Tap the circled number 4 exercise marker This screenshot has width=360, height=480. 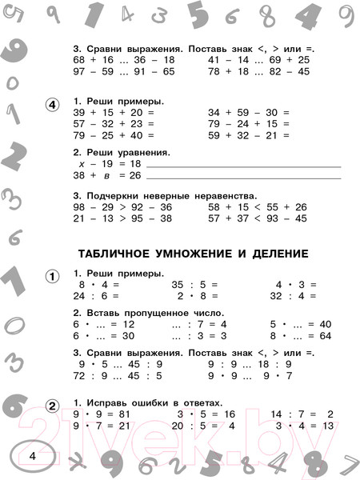(x=52, y=105)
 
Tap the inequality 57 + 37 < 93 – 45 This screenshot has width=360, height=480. (x=257, y=218)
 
